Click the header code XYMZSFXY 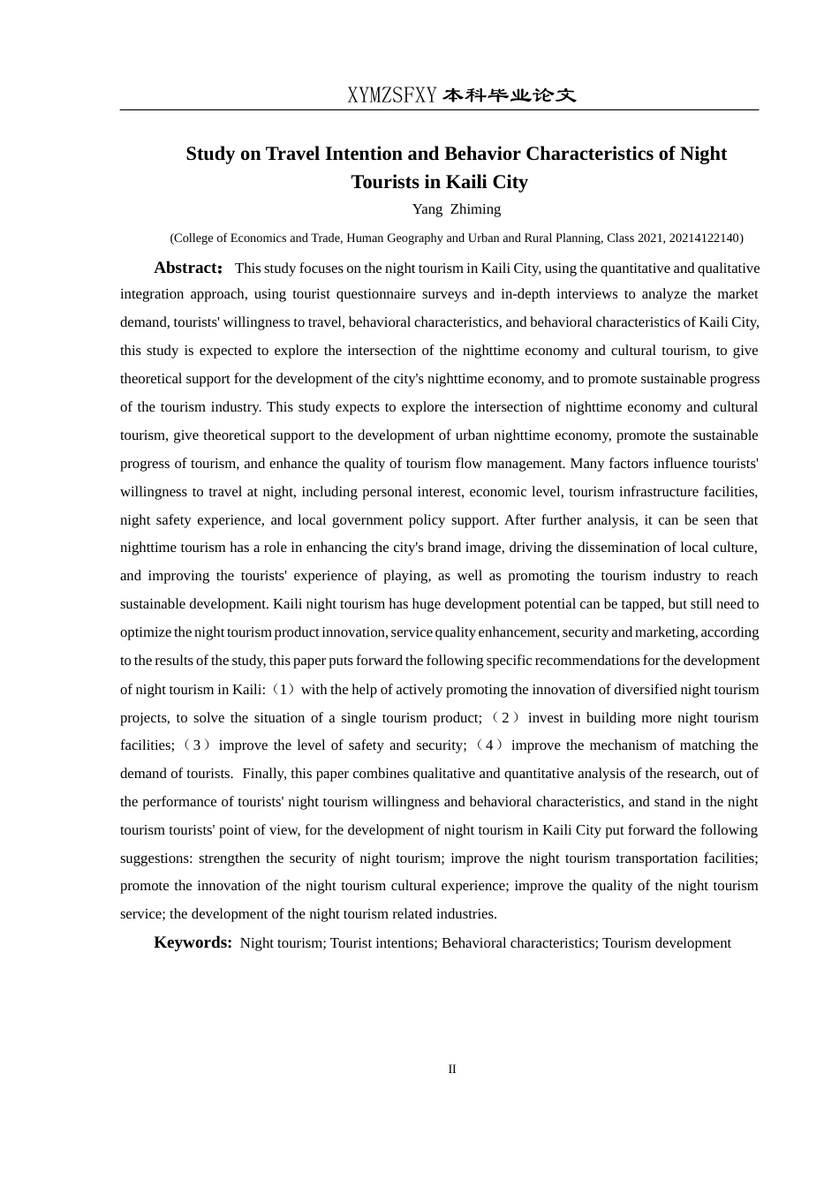click(391, 95)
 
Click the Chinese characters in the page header click(510, 95)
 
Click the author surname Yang click(427, 209)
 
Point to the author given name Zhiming click(475, 209)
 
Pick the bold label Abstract click(186, 268)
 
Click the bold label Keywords click(192, 942)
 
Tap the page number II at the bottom click(452, 1069)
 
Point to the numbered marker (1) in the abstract click(284, 689)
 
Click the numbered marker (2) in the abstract click(504, 717)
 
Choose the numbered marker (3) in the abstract click(197, 745)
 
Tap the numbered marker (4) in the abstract click(489, 745)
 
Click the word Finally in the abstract click(264, 774)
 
